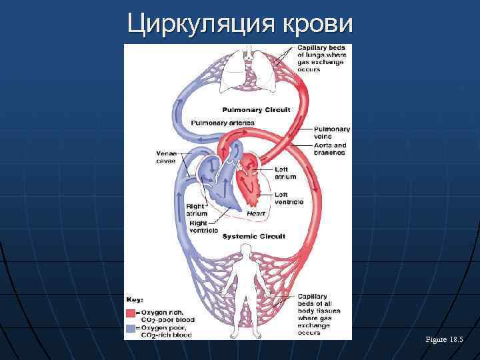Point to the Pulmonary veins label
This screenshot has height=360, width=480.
point(331,133)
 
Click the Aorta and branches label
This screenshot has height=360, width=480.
point(330,149)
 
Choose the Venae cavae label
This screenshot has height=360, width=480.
point(166,157)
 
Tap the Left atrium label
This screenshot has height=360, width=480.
point(285,173)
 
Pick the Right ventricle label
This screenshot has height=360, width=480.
point(203,227)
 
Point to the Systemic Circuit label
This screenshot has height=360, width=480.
point(253,237)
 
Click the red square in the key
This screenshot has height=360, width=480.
point(131,313)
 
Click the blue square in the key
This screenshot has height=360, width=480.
point(131,329)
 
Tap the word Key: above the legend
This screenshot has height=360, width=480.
point(135,299)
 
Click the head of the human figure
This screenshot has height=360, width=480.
point(245,251)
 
